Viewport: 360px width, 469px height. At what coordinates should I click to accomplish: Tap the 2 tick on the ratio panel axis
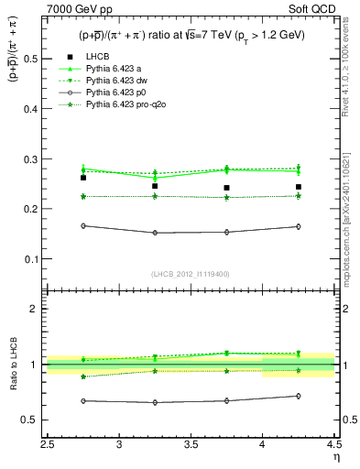[37, 309]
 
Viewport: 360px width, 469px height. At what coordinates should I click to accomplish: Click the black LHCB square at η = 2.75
[83, 178]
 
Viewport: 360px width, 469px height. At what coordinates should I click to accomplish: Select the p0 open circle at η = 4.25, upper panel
[298, 226]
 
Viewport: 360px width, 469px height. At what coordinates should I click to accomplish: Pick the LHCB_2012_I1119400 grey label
[191, 274]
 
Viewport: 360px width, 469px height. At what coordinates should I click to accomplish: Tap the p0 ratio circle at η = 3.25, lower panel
[155, 402]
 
